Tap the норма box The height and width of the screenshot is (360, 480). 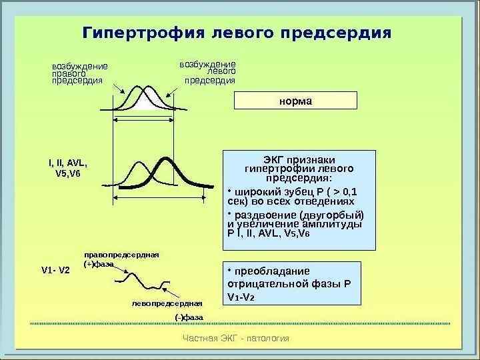(x=295, y=101)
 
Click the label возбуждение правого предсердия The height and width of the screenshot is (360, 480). (x=79, y=73)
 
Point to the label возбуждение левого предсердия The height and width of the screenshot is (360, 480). (x=208, y=72)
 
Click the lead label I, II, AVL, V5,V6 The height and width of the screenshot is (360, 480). (x=68, y=168)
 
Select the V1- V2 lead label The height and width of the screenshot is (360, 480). (x=55, y=270)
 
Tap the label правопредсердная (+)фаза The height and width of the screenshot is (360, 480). (x=116, y=259)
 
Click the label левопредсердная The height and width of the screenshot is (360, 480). (x=167, y=303)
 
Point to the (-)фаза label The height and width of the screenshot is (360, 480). (x=188, y=317)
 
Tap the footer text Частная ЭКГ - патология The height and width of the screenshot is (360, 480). (x=236, y=338)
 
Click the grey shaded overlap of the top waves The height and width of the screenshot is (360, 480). (x=150, y=101)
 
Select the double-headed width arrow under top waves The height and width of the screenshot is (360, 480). (x=143, y=120)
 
